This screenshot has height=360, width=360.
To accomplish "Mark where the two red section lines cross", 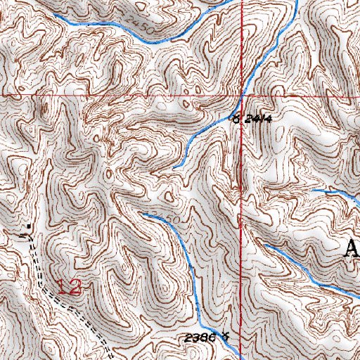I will (x=241, y=94).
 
